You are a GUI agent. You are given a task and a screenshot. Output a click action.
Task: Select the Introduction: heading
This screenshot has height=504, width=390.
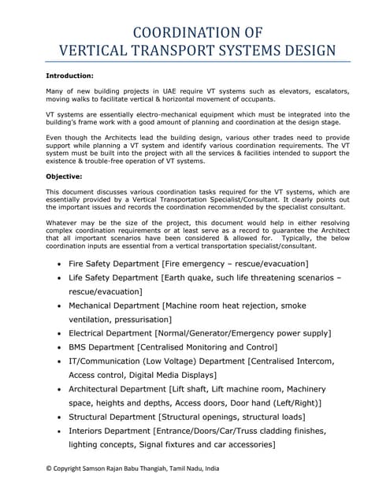point(70,76)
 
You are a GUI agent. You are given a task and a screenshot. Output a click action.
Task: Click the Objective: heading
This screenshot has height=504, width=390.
point(65,177)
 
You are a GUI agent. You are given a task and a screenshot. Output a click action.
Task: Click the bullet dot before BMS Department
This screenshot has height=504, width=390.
point(60,346)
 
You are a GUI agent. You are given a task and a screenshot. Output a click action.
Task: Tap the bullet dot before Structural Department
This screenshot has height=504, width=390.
point(60,417)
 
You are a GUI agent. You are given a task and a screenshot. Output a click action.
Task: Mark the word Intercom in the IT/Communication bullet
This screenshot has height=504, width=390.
point(314,361)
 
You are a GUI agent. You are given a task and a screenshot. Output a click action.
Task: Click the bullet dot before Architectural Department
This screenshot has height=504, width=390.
point(60,389)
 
